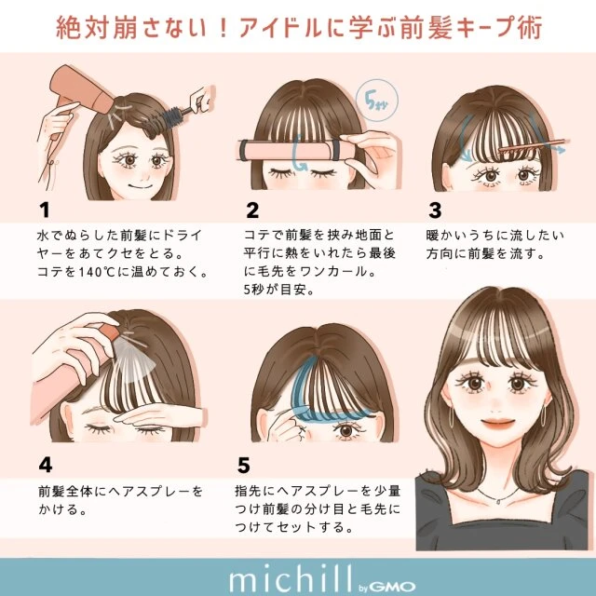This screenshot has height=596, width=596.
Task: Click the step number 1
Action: pos(45,210)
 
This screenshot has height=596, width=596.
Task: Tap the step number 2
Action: pos(252,210)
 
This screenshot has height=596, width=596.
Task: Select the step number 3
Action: pos(435,210)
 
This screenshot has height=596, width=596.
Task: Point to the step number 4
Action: pos(46,465)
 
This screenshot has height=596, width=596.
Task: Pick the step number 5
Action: pos(244,466)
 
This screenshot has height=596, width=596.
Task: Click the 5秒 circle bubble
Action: pos(376,101)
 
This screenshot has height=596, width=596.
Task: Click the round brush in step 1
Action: pos(168,119)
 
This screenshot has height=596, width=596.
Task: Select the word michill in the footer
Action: pos(291,579)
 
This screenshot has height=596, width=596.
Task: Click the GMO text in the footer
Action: pos(391,587)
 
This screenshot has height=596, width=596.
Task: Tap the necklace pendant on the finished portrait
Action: pos(498,502)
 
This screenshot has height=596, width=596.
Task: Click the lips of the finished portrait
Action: pos(498,423)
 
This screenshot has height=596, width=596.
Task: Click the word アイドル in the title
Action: pos(280,28)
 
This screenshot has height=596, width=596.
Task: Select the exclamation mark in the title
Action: pos(224,28)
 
